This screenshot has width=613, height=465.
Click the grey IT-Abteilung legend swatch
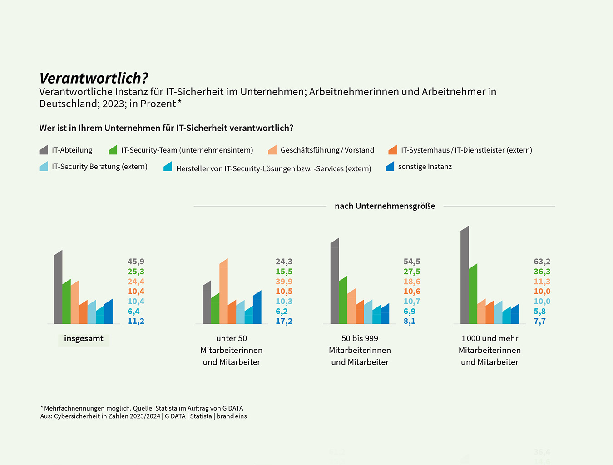point(44,150)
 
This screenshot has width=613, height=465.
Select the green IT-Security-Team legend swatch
point(113,150)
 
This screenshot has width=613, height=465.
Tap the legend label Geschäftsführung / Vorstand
point(327,150)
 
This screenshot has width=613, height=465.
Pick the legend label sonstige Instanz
point(425,167)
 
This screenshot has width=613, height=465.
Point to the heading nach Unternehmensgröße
point(385,206)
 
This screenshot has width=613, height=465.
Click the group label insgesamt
point(84,339)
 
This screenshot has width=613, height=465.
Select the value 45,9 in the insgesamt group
point(136,262)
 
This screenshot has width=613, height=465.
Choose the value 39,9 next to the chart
point(284,282)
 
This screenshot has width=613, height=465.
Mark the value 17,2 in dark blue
point(284,321)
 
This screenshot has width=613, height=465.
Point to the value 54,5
point(412,262)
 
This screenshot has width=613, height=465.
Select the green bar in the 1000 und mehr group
point(473,295)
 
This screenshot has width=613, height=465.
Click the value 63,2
point(542,262)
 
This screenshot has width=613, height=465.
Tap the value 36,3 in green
point(542,272)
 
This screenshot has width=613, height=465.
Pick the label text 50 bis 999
point(360,339)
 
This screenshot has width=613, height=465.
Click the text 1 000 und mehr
point(489,339)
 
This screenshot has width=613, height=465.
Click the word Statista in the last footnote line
point(201,416)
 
